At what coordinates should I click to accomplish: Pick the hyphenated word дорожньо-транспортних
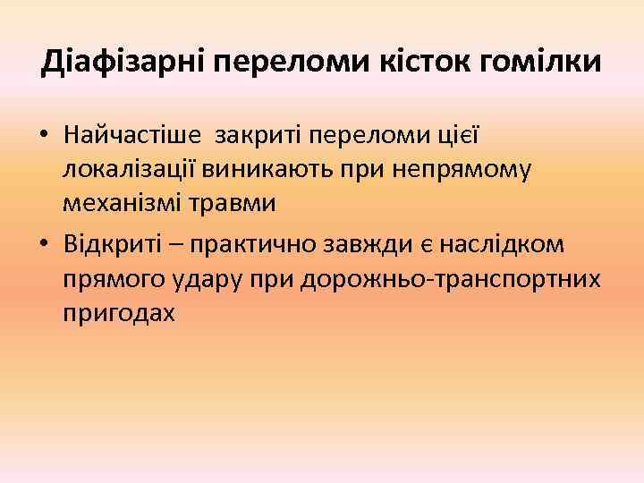[x=453, y=280]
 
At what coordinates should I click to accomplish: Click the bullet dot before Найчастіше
[x=43, y=136]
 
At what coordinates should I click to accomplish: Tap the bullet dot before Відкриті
[x=43, y=247]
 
